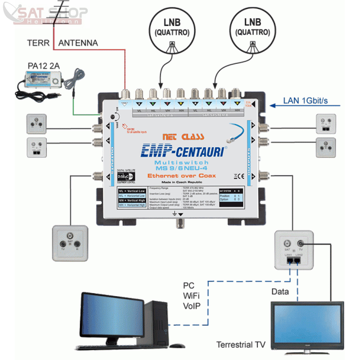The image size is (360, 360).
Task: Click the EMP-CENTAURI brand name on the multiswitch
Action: [x=183, y=150]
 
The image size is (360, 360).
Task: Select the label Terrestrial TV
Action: [x=241, y=345]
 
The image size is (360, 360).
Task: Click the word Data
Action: [x=280, y=292]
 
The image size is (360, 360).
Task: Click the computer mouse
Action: [x=178, y=346]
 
